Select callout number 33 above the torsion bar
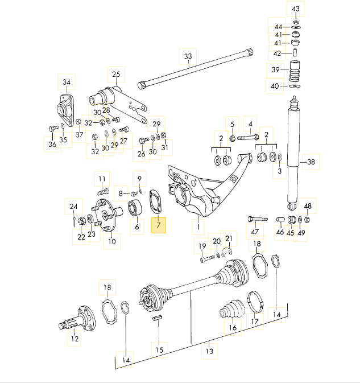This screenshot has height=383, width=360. pyautogui.click(x=188, y=56)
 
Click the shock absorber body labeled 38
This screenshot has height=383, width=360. pyautogui.click(x=293, y=154)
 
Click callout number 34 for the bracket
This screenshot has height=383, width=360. pyautogui.click(x=67, y=83)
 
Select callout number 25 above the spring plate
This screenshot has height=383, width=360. pyautogui.click(x=116, y=75)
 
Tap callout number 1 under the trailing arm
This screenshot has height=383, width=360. pyautogui.click(x=198, y=228)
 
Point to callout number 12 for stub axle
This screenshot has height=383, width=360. pyautogui.click(x=75, y=339)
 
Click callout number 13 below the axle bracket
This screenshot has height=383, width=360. pyautogui.click(x=209, y=352)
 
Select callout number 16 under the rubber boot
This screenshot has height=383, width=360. pyautogui.click(x=231, y=328)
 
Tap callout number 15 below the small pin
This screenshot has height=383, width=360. pyautogui.click(x=159, y=349)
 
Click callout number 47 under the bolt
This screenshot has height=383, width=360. pyautogui.click(x=255, y=232)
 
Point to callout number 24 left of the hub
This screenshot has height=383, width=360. pyautogui.click(x=73, y=206)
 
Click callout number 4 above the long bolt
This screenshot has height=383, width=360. pyautogui.click(x=249, y=123)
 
